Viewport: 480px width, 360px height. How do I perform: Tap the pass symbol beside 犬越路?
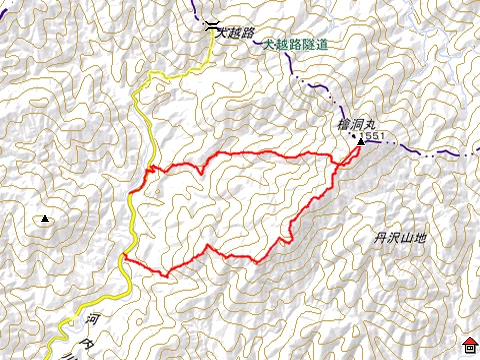pyautogui.click(x=210, y=27)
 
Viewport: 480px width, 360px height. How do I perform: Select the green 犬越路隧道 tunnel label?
pyautogui.click(x=298, y=45)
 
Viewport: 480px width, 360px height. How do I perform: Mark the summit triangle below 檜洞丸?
pyautogui.click(x=360, y=144)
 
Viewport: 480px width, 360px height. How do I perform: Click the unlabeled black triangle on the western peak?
pyautogui.click(x=45, y=218)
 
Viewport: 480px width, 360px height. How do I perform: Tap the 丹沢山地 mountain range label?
pyautogui.click(x=400, y=238)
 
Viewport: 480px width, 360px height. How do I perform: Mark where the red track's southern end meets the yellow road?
pyautogui.click(x=124, y=258)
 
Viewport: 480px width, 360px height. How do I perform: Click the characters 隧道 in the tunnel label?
pyautogui.click(x=318, y=45)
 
